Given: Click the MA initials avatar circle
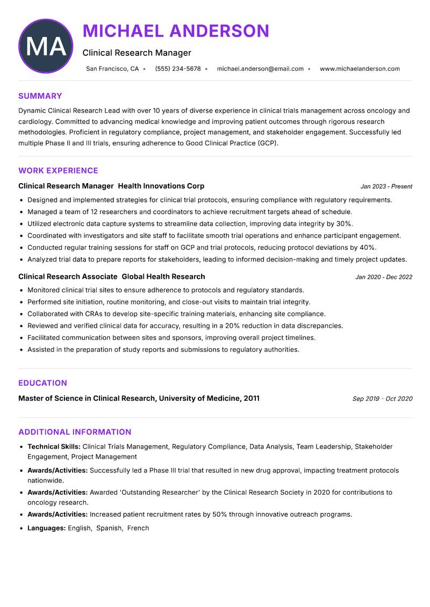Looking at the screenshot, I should tap(46, 46).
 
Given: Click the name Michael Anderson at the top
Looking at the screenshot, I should tap(176, 31).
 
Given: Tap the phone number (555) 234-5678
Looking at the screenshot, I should tap(178, 69).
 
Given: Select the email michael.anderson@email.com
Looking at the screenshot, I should tap(260, 69).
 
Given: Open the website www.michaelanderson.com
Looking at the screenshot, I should tap(360, 69).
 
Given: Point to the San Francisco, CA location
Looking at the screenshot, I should tap(112, 69).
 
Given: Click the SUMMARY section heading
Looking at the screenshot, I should tap(40, 96).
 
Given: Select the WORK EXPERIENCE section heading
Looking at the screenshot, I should tap(58, 171).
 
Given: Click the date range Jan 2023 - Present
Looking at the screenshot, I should tap(386, 186).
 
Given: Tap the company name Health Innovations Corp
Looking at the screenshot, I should tap(161, 186).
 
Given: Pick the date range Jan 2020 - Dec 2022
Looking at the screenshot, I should tap(384, 277).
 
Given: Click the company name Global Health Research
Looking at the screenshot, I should tap(163, 277).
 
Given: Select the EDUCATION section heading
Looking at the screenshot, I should tap(42, 383).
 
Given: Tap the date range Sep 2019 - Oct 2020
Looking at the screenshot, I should tap(382, 399).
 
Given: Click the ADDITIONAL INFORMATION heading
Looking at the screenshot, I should tap(75, 432).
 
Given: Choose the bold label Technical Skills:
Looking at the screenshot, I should tap(54, 446).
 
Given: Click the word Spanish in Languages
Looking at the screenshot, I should tap(109, 528).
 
